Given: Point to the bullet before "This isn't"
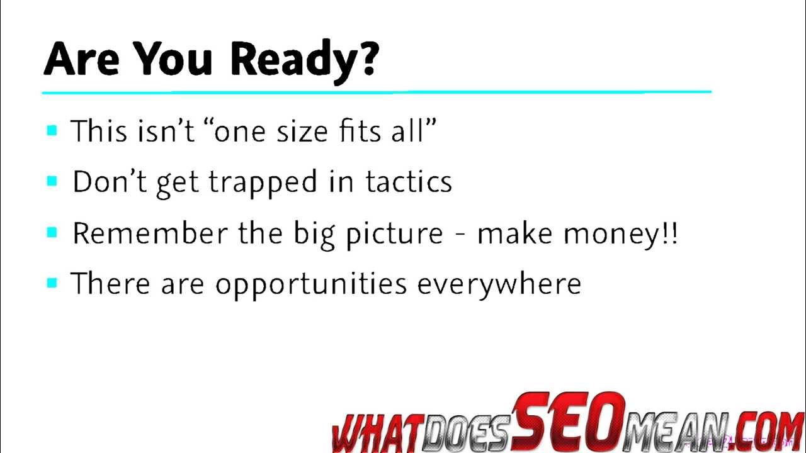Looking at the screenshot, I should (52, 131).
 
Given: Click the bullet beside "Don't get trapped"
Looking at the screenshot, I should (52, 182).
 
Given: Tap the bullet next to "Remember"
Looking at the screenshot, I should (52, 233).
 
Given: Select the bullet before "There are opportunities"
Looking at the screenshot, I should (52, 283).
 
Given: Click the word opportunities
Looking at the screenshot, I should (311, 285).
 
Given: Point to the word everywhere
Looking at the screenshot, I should (499, 285).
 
